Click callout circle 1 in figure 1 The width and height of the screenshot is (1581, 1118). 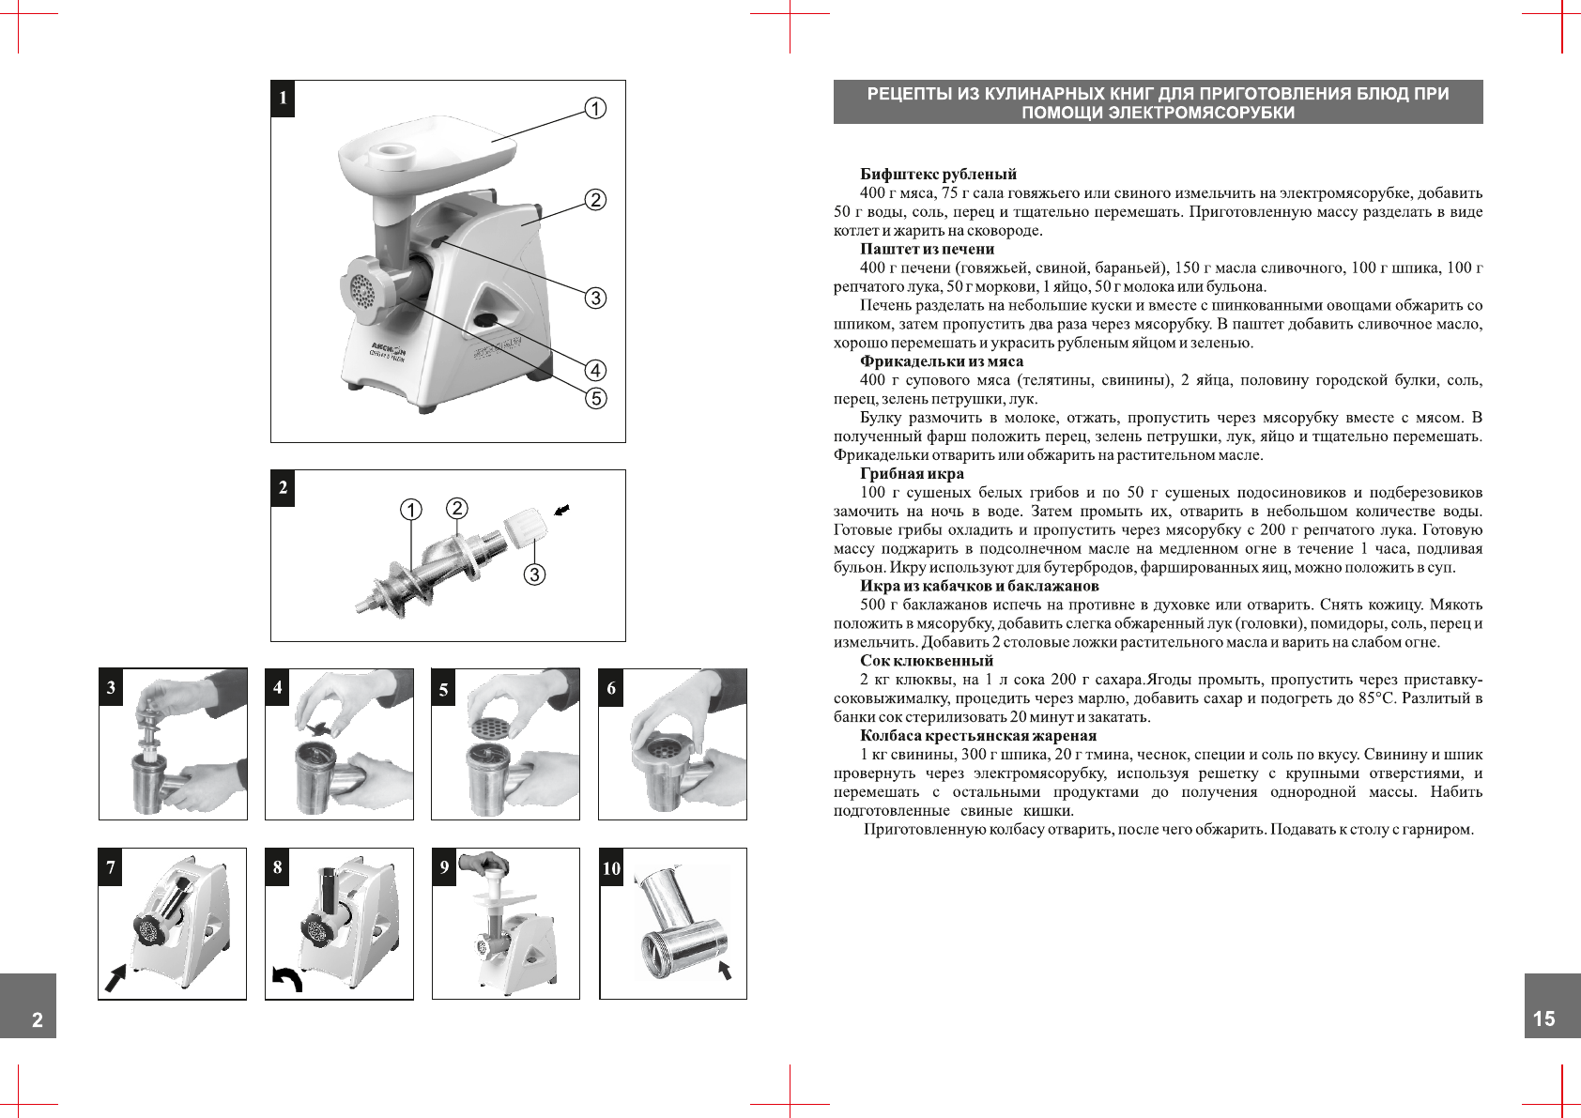(595, 109)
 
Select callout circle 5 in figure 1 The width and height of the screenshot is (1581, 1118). (595, 398)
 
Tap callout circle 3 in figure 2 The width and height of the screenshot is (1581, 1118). (534, 574)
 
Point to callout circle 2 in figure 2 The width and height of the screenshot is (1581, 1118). (456, 508)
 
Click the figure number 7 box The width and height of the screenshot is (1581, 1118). (111, 866)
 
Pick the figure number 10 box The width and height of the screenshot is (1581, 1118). (611, 868)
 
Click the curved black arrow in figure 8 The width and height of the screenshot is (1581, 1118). (287, 978)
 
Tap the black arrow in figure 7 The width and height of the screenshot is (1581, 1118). (115, 977)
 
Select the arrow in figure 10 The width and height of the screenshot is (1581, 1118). (724, 970)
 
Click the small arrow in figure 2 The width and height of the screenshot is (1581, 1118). (561, 511)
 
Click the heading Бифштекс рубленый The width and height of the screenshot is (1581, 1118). (938, 175)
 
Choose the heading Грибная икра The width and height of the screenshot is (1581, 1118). (912, 474)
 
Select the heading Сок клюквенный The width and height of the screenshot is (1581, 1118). (926, 661)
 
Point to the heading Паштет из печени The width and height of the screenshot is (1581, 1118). (927, 249)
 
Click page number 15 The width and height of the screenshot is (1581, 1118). (1543, 1018)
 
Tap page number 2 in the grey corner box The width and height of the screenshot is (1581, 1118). (38, 1020)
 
